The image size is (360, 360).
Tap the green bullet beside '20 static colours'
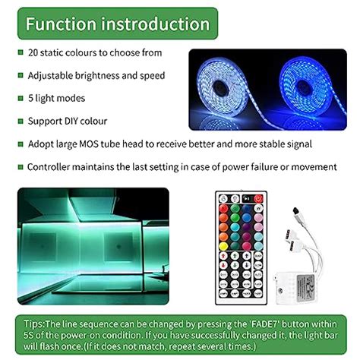tap(20, 53)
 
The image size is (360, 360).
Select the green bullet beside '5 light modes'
tap(20, 99)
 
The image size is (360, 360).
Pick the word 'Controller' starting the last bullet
tap(52, 166)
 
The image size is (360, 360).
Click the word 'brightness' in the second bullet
tap(95, 76)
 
